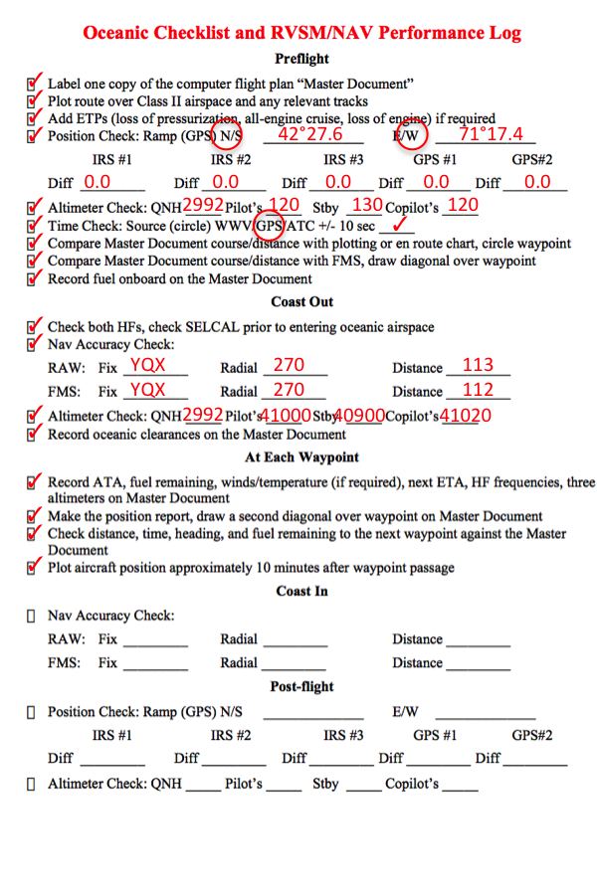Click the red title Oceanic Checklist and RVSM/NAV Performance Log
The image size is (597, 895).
pyautogui.click(x=301, y=33)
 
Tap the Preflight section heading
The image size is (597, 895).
pyautogui.click(x=301, y=60)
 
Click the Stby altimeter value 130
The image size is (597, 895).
pyautogui.click(x=367, y=206)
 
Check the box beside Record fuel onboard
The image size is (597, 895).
pyautogui.click(x=34, y=278)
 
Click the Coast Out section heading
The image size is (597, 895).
pyautogui.click(x=301, y=301)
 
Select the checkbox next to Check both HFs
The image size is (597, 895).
pyautogui.click(x=34, y=326)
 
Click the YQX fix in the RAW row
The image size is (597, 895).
pyautogui.click(x=148, y=365)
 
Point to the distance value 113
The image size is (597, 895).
pyautogui.click(x=479, y=365)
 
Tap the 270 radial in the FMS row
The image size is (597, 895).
pyautogui.click(x=289, y=391)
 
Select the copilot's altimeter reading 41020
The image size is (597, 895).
pyautogui.click(x=466, y=416)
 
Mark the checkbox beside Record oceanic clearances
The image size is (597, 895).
pyautogui.click(x=34, y=434)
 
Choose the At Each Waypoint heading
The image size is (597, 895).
pyautogui.click(x=301, y=457)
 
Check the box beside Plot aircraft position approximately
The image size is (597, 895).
pyautogui.click(x=34, y=568)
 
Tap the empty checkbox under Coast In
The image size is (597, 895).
pyautogui.click(x=33, y=616)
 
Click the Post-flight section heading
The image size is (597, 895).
pyautogui.click(x=301, y=687)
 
